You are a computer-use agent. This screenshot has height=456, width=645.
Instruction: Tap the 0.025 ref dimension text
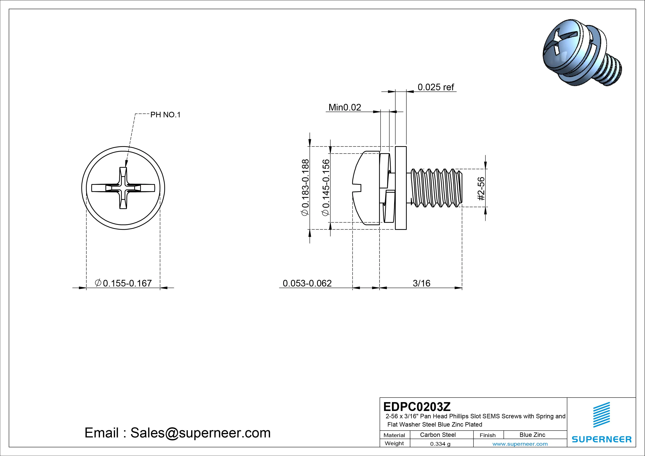coord(436,87)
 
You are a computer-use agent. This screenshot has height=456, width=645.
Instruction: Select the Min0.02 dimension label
coord(345,107)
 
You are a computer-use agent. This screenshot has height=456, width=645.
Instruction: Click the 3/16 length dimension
coord(421,283)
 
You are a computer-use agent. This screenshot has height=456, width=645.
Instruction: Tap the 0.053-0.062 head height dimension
coord(307,283)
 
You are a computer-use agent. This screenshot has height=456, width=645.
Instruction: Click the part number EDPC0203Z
coord(417,406)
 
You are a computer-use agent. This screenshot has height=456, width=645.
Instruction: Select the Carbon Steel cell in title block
coord(438,435)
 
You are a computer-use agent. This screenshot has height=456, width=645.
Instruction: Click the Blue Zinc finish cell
coord(532,435)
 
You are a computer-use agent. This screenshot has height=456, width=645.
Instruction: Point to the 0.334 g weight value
coord(440,444)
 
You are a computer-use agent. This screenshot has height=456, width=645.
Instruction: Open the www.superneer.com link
coord(520,444)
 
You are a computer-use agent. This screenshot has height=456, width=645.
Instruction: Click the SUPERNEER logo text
coord(601,439)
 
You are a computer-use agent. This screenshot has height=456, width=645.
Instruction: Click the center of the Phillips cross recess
coord(123,188)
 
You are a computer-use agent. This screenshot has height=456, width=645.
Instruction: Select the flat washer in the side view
coord(401,188)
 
